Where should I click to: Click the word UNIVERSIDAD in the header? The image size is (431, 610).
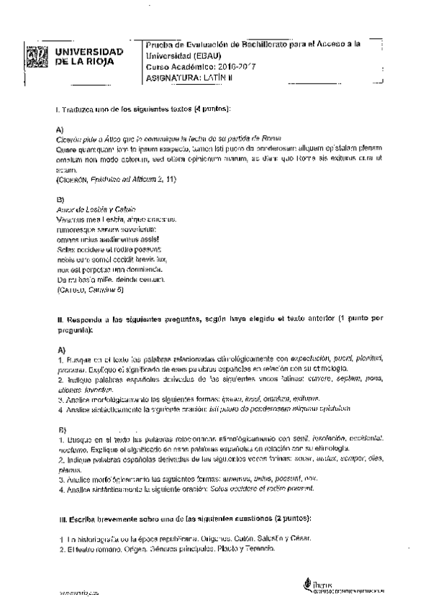pyautogui.click(x=89, y=53)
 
